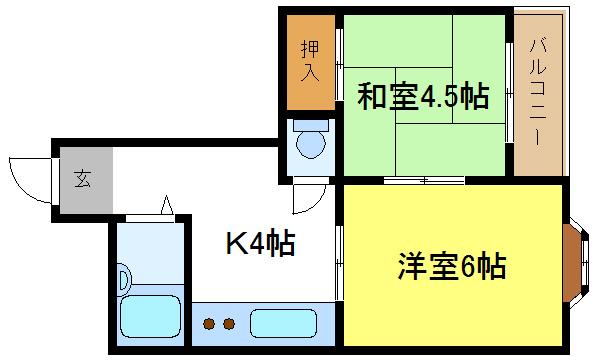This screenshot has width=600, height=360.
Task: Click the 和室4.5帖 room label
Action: pyautogui.click(x=423, y=97)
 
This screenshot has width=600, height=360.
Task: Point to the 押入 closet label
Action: pyautogui.click(x=309, y=61)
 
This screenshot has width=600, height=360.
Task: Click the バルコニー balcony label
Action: pyautogui.click(x=538, y=90)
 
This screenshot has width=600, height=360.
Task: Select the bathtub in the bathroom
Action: pyautogui.click(x=149, y=319)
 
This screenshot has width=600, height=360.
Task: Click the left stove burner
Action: pyautogui.click(x=211, y=323)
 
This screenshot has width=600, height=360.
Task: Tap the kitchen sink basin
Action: pyautogui.click(x=282, y=323)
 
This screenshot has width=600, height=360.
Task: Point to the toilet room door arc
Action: pyautogui.click(x=311, y=195)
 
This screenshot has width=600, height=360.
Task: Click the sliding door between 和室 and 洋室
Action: pyautogui.click(x=424, y=181)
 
